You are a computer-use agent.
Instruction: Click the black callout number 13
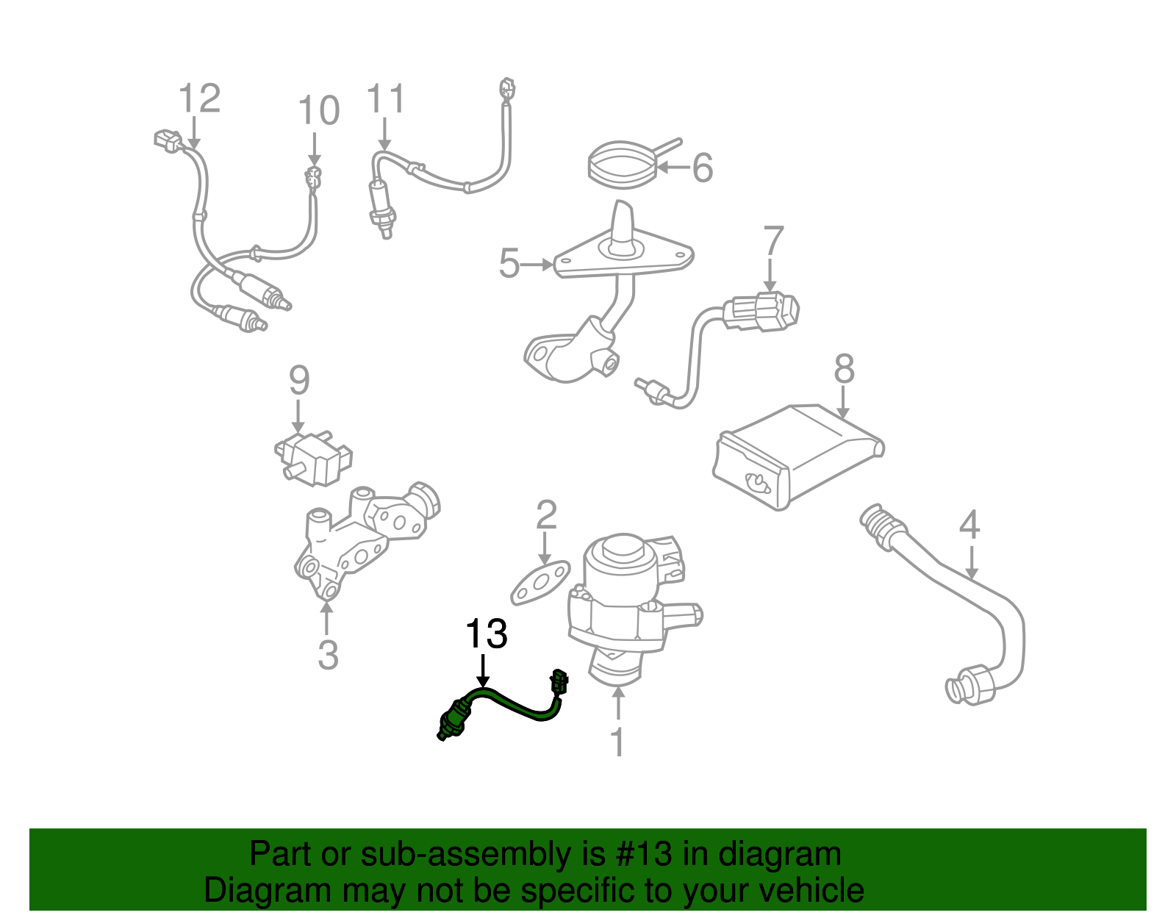click(486, 634)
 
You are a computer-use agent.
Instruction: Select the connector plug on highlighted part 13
click(559, 681)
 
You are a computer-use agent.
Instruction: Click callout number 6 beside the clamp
click(703, 168)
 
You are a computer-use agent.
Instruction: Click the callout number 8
click(844, 369)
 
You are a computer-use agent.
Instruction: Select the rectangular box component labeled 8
click(797, 456)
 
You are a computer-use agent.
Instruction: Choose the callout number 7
click(773, 242)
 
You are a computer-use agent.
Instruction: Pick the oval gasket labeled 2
click(541, 583)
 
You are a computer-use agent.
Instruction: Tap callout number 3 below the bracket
click(328, 654)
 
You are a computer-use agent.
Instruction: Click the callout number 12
click(199, 98)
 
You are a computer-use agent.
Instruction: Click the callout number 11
click(386, 99)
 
